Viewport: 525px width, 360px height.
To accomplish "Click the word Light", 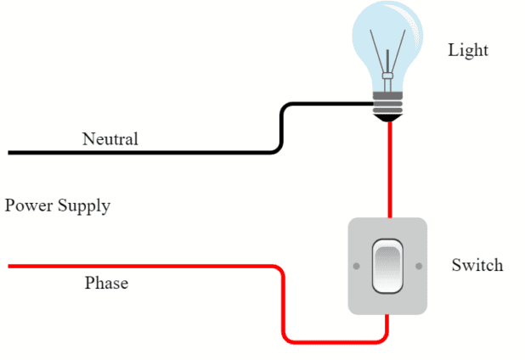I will click(x=468, y=51).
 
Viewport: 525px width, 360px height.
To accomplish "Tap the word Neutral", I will click(x=110, y=138).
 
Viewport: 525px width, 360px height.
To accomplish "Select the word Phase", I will click(x=106, y=283).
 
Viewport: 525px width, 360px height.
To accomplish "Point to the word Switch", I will click(x=477, y=265).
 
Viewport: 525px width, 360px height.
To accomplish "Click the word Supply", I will click(x=84, y=206).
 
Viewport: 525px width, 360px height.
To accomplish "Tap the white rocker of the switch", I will click(x=387, y=267).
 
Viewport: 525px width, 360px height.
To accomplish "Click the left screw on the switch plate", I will click(x=356, y=266).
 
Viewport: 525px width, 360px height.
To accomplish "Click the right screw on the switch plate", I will click(x=419, y=266).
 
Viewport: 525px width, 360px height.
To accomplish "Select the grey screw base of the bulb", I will click(x=388, y=104).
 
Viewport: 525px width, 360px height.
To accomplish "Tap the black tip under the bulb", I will click(x=388, y=119).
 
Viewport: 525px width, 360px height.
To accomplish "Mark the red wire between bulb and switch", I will click(x=389, y=170).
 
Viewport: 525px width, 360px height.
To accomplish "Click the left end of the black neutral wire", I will click(x=10, y=153).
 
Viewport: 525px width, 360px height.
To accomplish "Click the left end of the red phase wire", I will click(x=10, y=267).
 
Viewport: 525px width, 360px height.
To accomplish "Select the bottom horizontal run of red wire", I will click(x=336, y=341).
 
